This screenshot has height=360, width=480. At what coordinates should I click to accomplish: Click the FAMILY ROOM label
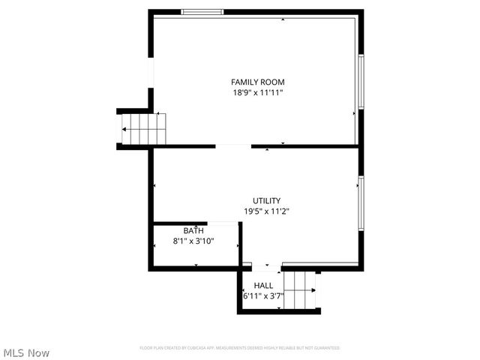pyautogui.click(x=257, y=82)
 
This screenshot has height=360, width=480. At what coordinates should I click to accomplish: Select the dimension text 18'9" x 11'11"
pyautogui.click(x=257, y=92)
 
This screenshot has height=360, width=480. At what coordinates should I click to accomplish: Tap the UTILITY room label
pyautogui.click(x=266, y=200)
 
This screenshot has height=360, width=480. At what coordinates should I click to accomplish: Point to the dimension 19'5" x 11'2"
pyautogui.click(x=266, y=211)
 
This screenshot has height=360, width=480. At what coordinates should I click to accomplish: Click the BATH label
pyautogui.click(x=193, y=231)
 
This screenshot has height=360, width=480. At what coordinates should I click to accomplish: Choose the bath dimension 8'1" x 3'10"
pyautogui.click(x=193, y=241)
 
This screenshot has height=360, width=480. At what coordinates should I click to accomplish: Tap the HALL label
pyautogui.click(x=263, y=285)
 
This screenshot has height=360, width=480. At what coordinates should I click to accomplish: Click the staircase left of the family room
pyautogui.click(x=143, y=129)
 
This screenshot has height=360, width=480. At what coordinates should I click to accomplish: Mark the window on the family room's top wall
pyautogui.click(x=202, y=12)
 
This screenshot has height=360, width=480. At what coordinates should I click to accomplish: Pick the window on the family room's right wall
pyautogui.click(x=361, y=82)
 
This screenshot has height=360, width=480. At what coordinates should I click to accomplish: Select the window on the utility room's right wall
pyautogui.click(x=361, y=203)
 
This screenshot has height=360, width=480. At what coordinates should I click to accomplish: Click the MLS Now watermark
pyautogui.click(x=26, y=352)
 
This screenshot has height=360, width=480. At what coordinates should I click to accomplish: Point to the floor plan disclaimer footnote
pyautogui.click(x=239, y=348)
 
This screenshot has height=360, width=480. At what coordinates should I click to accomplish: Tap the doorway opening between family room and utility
pyautogui.click(x=233, y=146)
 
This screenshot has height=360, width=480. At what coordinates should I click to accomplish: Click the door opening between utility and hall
pyautogui.click(x=266, y=265)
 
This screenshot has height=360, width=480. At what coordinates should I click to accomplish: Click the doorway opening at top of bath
pyautogui.click(x=223, y=223)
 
